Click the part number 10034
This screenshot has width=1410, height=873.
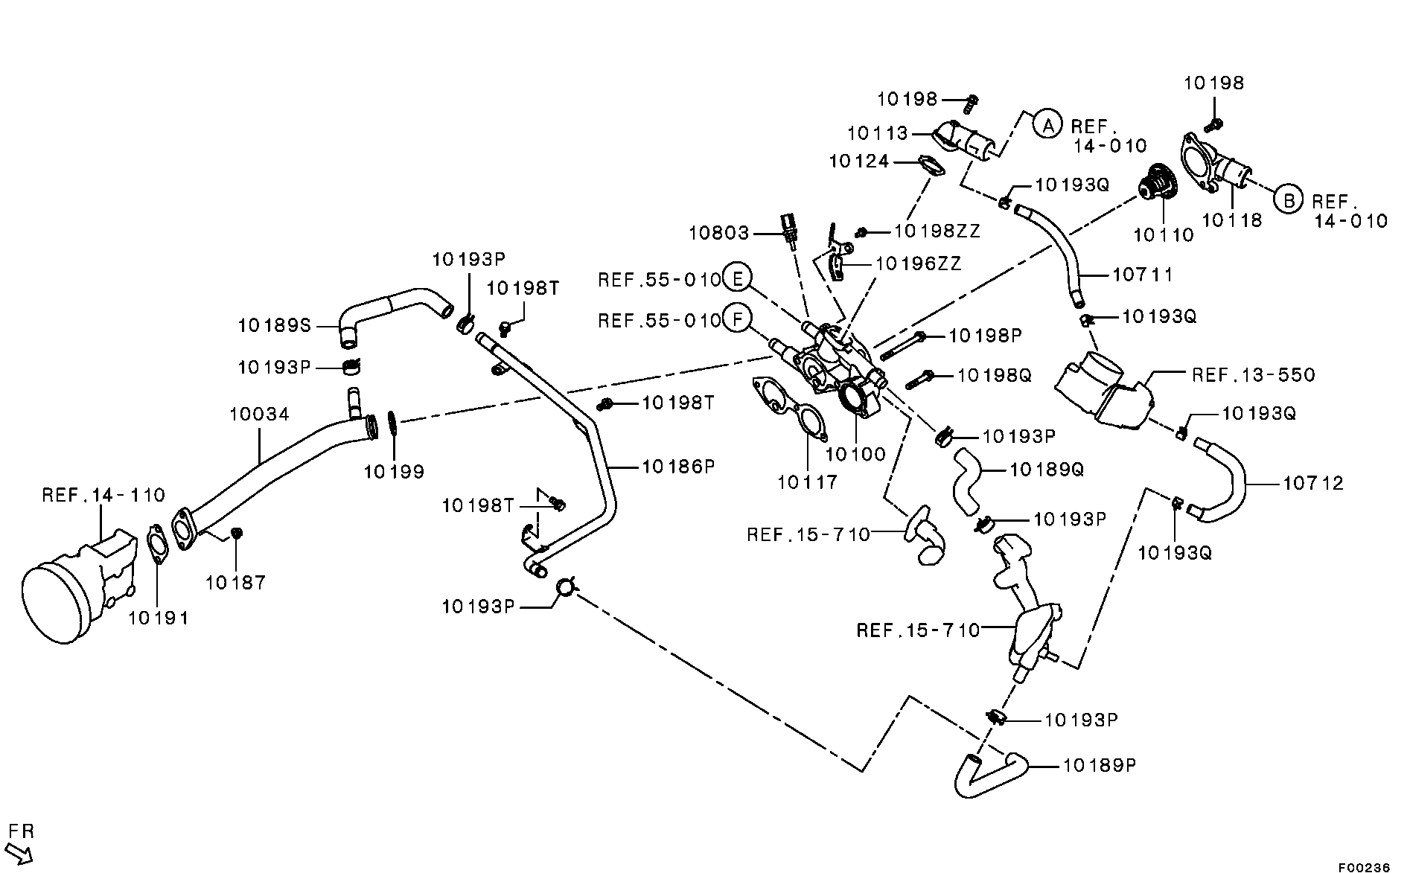pyautogui.click(x=259, y=415)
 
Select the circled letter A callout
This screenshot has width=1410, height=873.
pyautogui.click(x=1047, y=125)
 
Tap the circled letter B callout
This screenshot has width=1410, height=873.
pyautogui.click(x=1289, y=199)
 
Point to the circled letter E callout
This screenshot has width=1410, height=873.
pyautogui.click(x=738, y=279)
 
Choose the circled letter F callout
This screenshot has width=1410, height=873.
pyautogui.click(x=738, y=320)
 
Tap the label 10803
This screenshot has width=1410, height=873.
pyautogui.click(x=719, y=233)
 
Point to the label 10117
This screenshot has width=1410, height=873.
pyautogui.click(x=808, y=482)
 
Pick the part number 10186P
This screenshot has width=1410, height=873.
pyautogui.click(x=678, y=467)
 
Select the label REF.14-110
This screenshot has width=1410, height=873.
pyautogui.click(x=103, y=495)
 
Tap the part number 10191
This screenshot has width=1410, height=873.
pyautogui.click(x=159, y=618)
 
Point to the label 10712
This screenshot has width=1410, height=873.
pyautogui.click(x=1313, y=483)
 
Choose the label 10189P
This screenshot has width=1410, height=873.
pyautogui.click(x=1100, y=765)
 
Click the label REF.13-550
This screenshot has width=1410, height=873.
pyautogui.click(x=1254, y=374)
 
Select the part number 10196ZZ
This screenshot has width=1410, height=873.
pyautogui.click(x=918, y=263)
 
